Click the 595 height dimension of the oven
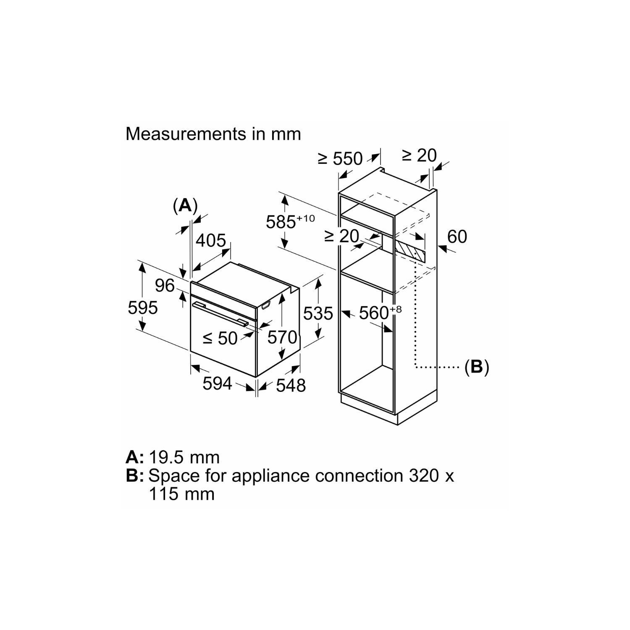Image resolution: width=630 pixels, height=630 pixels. point(143,308)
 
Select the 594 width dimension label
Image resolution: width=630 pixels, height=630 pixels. point(217,383)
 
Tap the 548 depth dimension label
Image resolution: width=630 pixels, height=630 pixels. point(291,386)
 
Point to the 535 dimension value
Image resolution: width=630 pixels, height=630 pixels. point(318,313)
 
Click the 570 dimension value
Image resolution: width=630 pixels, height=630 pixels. point(282,337)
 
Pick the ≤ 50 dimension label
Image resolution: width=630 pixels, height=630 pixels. point(220,338)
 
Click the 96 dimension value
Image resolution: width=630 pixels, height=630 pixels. point(165,286)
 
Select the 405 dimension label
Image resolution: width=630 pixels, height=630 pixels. point(211,241)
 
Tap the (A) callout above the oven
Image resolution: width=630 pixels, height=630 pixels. point(185,205)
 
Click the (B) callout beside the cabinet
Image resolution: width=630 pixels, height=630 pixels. point(477,367)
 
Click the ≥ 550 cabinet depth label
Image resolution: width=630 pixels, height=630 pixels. point(340,159)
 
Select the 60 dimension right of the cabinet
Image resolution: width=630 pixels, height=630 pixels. point(457,237)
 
